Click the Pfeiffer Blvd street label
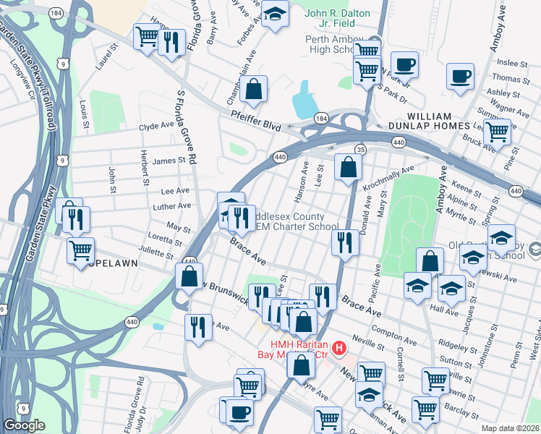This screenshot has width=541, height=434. [x=255, y=120]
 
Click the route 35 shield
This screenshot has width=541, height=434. [x=359, y=149]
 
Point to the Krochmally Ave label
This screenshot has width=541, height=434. [x=388, y=177]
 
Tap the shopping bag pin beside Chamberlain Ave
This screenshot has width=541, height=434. [x=255, y=90]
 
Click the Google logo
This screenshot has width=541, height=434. [x=24, y=425]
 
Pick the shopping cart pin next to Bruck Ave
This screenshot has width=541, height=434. [x=498, y=132]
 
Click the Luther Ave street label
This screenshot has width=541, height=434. [x=174, y=205]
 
